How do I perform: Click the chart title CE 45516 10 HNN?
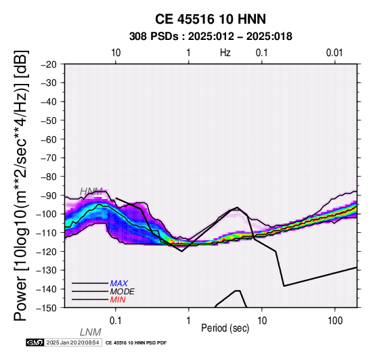click(211, 19)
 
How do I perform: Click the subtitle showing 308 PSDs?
click(211, 37)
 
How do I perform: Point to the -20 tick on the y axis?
click(49, 64)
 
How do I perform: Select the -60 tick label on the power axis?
click(49, 139)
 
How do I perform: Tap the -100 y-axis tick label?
click(47, 215)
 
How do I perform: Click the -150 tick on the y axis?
click(47, 308)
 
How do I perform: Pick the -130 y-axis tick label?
click(47, 271)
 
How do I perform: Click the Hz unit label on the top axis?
click(225, 53)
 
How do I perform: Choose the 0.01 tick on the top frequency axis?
click(334, 53)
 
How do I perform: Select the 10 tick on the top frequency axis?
click(116, 53)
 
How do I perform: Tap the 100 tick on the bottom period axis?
click(335, 321)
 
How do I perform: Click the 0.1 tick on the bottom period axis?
click(116, 321)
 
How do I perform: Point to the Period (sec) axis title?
click(225, 328)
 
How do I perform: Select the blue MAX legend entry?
click(119, 284)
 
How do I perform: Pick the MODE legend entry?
click(123, 292)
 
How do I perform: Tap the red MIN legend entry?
click(118, 300)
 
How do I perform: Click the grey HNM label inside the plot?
click(91, 192)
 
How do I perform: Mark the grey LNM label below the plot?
click(91, 332)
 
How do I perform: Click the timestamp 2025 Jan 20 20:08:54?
click(72, 343)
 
